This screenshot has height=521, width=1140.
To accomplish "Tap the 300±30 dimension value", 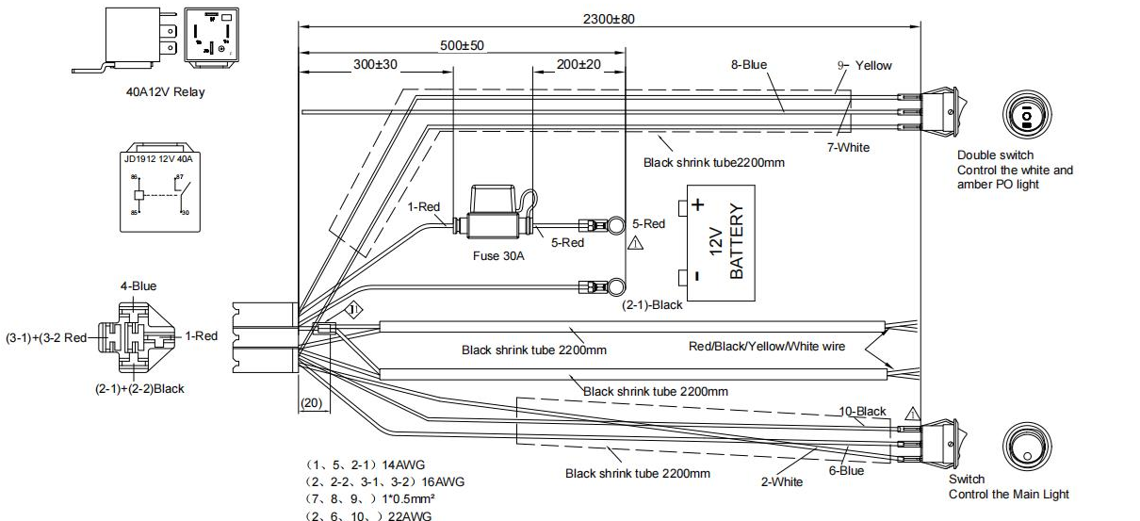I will (376, 64).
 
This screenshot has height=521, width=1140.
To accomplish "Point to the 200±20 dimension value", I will (578, 64).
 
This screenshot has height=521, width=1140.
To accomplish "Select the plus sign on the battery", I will (697, 204).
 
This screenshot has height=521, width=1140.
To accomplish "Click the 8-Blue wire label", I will (749, 65).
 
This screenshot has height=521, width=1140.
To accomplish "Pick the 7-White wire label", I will (848, 147).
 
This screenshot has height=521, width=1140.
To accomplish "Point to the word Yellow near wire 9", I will (873, 65).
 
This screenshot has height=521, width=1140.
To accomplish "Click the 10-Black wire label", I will (863, 412).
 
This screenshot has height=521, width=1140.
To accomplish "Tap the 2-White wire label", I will (781, 481).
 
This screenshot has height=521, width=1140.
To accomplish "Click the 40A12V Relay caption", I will (166, 92).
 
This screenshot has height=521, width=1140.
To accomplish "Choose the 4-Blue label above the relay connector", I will (138, 285).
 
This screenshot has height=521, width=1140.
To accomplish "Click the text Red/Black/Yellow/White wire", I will (767, 347).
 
